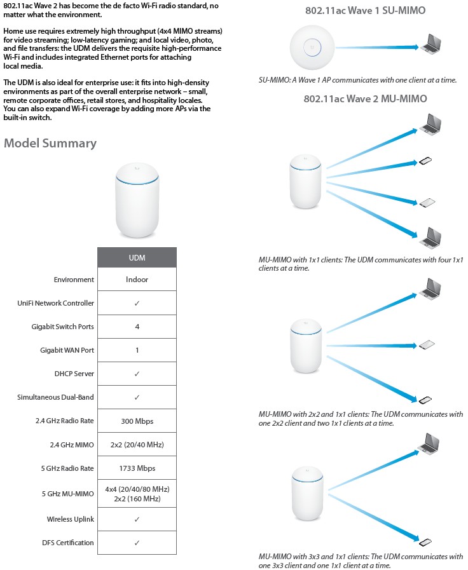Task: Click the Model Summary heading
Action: click(x=50, y=143)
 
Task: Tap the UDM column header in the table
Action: click(x=137, y=257)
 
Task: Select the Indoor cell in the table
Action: click(x=137, y=280)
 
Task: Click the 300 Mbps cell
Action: click(x=137, y=421)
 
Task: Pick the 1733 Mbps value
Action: click(x=137, y=468)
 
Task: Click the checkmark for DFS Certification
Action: click(x=137, y=543)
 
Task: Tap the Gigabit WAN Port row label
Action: click(x=67, y=350)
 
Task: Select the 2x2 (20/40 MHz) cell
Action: click(x=137, y=445)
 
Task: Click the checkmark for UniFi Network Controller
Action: click(x=137, y=303)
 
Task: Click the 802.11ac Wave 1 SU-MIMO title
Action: click(x=364, y=10)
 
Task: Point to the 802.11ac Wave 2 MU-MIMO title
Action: click(x=365, y=98)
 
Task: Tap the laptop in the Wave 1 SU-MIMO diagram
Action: click(x=431, y=45)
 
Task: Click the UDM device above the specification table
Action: click(x=137, y=201)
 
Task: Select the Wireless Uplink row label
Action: click(x=70, y=519)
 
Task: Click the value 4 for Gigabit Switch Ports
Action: click(x=137, y=327)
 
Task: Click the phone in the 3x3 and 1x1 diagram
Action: click(x=426, y=542)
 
